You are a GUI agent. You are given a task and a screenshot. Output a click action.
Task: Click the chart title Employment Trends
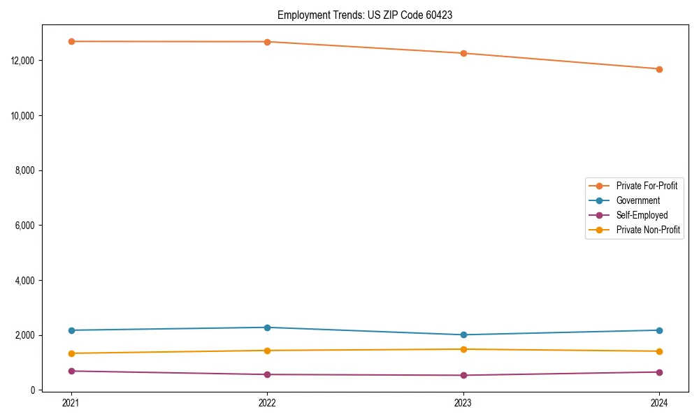365,15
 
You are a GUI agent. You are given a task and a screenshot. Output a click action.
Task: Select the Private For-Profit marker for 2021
71,41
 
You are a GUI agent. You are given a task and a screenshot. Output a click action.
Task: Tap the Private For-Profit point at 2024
659,69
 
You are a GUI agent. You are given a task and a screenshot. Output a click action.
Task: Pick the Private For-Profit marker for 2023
463,53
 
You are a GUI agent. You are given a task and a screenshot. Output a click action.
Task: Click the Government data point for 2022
267,328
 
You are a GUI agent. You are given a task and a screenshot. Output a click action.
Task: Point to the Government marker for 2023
463,335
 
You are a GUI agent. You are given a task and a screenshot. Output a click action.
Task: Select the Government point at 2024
659,330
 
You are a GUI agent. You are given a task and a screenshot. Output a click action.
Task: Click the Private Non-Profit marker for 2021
71,353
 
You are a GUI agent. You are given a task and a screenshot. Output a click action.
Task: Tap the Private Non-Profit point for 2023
463,349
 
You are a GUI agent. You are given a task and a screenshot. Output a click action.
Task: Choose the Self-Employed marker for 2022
267,374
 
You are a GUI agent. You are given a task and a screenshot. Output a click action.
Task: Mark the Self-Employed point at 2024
659,372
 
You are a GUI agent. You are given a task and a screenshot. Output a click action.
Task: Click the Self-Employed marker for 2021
71,371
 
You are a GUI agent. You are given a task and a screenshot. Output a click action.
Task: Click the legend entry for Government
637,200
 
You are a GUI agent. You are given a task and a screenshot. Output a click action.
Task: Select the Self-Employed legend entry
642,215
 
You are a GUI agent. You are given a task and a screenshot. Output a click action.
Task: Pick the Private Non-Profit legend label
648,230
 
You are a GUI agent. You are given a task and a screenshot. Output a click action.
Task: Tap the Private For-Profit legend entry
647,186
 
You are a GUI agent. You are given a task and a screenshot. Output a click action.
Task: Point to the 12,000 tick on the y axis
24,61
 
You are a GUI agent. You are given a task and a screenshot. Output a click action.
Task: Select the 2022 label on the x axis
267,402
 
